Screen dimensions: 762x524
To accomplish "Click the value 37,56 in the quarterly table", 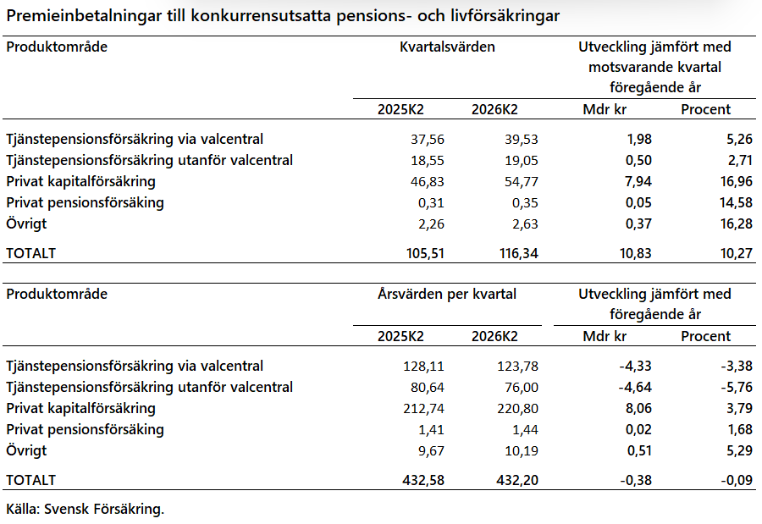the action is pos(428,140).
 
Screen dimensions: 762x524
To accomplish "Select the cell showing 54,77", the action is pos(522,182).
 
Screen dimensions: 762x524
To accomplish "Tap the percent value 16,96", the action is pos(737,182).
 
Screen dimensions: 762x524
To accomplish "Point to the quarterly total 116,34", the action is pos(519,253).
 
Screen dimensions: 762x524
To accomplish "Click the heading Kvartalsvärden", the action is pos(447,47).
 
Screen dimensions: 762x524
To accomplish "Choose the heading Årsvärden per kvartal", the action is pos(447,295).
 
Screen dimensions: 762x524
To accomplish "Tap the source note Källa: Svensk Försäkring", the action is pos(85,509).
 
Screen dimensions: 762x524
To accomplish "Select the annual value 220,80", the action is pos(517,409).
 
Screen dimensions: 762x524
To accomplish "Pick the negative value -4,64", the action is pos(635,388).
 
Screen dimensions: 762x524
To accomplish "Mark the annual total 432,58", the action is pos(423,480).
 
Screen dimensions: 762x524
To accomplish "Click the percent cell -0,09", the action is pos(737,480).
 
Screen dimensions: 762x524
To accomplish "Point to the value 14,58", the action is pos(737,202).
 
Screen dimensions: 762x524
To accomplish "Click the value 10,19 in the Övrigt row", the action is pos(522,451).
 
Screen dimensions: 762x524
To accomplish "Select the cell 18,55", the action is pos(428,161).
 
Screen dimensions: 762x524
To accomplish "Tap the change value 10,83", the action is pos(636,253).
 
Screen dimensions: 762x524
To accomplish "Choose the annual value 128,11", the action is pos(424,366).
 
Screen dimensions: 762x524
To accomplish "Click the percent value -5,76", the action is pos(737,388).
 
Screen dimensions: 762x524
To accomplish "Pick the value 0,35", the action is pos(525,202).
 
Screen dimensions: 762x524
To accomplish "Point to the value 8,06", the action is pos(638,409).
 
